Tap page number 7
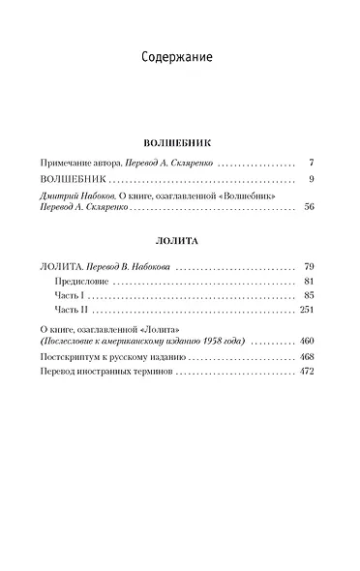coord(311,162)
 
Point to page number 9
coord(311,179)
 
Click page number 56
coord(309,207)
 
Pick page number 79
coord(309,265)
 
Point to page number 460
coord(307,342)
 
